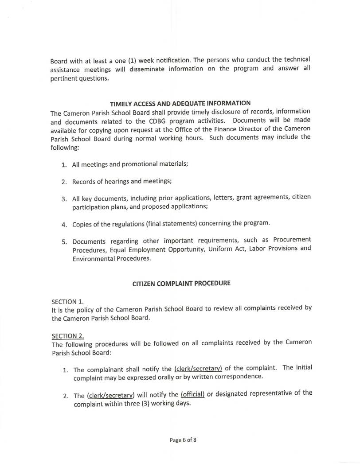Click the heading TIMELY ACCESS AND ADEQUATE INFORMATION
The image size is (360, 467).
180,104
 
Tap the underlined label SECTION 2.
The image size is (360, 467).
68,336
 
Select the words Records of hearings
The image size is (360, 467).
104,181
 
